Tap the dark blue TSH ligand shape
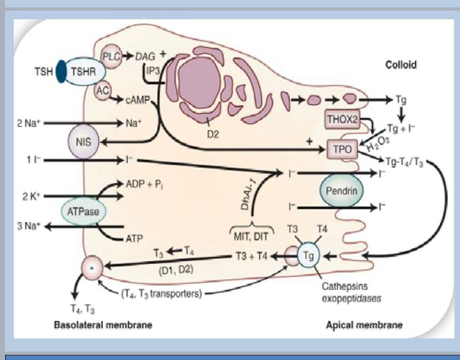click(x=61, y=72)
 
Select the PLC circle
click(x=111, y=56)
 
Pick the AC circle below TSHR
click(x=102, y=91)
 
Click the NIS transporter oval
click(x=84, y=142)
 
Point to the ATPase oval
click(x=83, y=211)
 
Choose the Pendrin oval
click(x=342, y=191)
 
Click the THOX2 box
click(x=342, y=119)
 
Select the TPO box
click(x=342, y=149)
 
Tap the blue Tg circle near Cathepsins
click(x=308, y=256)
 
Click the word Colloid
click(x=401, y=65)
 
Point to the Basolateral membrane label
click(x=103, y=325)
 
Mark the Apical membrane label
click(x=364, y=325)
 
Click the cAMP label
click(x=138, y=100)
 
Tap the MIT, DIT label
click(x=251, y=236)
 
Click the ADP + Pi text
click(x=144, y=184)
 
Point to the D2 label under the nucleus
click(x=213, y=134)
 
